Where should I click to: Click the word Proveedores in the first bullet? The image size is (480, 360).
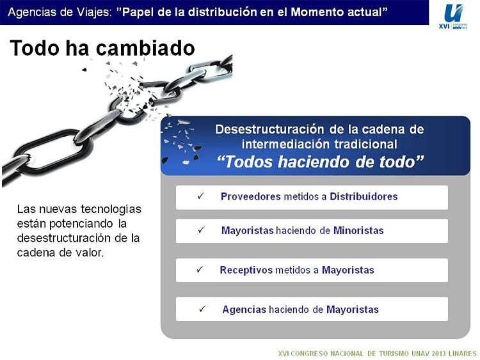(x=250, y=196)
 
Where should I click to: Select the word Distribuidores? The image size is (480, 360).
(x=364, y=196)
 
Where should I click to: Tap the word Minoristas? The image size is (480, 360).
(x=358, y=230)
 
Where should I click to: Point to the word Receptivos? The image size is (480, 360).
(x=246, y=270)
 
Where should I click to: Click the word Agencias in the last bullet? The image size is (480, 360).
(x=244, y=309)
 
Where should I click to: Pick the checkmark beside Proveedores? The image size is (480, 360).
(x=201, y=196)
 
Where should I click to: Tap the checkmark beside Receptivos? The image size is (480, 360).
(x=200, y=269)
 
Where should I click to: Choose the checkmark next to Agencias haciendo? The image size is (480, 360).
(x=202, y=309)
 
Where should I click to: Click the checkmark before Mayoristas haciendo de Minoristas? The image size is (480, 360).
(x=201, y=230)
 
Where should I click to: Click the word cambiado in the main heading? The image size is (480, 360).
(x=145, y=48)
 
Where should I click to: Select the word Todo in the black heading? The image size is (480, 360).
(x=35, y=48)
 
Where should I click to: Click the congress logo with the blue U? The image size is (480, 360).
(x=453, y=16)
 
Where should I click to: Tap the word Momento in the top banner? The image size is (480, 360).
(x=317, y=12)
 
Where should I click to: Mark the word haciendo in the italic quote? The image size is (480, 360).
(x=314, y=162)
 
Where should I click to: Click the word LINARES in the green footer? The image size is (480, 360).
(x=462, y=354)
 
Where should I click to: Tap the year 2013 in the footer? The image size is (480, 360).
(x=439, y=354)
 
